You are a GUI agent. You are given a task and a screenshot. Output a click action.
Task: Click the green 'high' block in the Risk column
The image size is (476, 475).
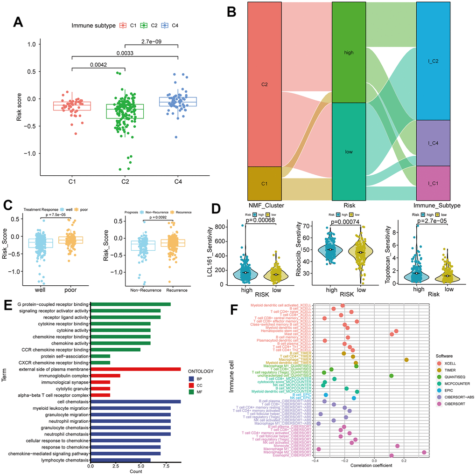point(349,52)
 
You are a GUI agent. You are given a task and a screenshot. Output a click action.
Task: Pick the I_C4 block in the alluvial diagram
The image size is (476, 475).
point(433,143)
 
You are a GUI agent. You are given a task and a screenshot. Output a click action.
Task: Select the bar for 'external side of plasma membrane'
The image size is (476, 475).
point(135,369)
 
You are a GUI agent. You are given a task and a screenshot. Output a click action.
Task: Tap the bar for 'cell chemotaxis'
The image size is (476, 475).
point(135,401)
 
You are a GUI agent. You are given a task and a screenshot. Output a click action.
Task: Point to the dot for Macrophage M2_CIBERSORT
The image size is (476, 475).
point(424,452)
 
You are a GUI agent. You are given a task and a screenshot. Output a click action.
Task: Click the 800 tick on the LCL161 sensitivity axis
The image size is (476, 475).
point(219,226)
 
